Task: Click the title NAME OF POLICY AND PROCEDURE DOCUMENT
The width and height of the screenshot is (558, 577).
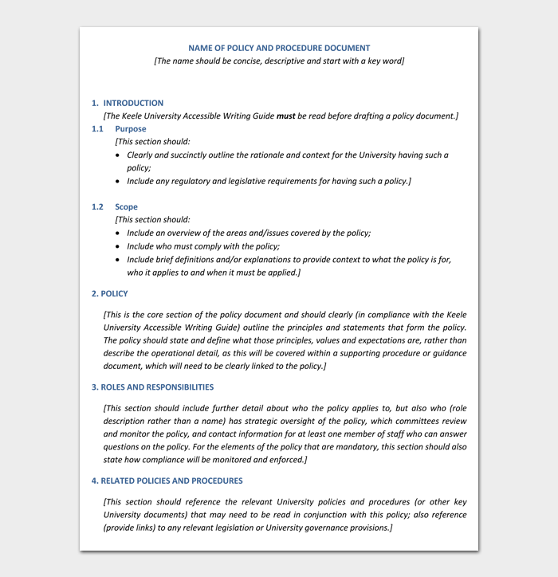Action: (x=279, y=48)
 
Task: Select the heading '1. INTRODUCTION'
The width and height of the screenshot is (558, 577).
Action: (x=128, y=103)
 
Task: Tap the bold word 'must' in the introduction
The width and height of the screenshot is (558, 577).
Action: (x=285, y=116)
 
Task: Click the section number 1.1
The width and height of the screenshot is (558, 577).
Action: (x=97, y=128)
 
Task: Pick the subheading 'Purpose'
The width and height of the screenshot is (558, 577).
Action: (x=131, y=128)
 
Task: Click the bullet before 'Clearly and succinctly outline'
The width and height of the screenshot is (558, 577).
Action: (x=119, y=155)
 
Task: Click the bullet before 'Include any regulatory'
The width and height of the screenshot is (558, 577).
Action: (x=119, y=182)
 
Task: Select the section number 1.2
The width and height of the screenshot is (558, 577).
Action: (x=97, y=206)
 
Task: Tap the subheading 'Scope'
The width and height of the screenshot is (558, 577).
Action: (x=126, y=206)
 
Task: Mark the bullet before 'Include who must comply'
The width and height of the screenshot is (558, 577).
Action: (x=119, y=247)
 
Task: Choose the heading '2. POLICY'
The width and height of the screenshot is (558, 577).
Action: (x=110, y=293)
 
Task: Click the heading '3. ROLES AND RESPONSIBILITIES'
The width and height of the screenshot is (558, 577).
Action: (x=152, y=387)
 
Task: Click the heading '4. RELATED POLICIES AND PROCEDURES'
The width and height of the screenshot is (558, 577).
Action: (x=167, y=481)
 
